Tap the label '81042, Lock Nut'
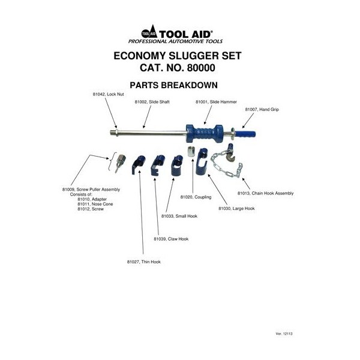click(x=107, y=95)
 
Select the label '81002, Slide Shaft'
click(x=152, y=102)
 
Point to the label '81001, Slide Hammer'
click(x=212, y=102)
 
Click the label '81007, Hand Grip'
click(x=262, y=110)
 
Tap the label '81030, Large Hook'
click(x=236, y=208)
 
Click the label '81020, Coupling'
click(x=196, y=197)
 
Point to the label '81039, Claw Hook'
click(x=170, y=239)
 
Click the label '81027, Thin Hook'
click(x=143, y=262)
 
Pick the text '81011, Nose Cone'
click(x=94, y=204)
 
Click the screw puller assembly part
click(x=120, y=161)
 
